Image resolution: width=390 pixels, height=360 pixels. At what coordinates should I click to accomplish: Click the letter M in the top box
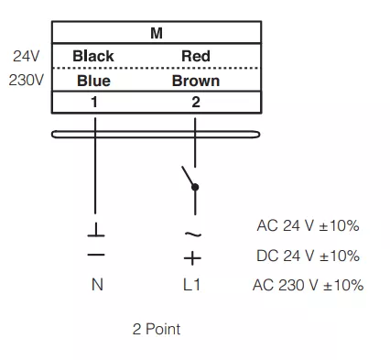coord(157,33)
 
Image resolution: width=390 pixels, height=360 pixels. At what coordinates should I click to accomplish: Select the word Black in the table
coord(93,56)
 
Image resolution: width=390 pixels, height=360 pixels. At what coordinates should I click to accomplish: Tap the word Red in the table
coord(196,56)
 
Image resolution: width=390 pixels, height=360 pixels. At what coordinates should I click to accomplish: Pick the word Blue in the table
coord(93,81)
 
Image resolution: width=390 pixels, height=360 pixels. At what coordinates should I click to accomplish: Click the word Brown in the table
coord(196,81)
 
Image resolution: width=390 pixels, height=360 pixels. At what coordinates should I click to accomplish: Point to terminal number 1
coord(94,102)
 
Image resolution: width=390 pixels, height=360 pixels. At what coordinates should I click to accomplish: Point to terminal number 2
coord(196,102)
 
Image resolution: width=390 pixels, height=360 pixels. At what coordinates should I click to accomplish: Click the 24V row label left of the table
coord(27,56)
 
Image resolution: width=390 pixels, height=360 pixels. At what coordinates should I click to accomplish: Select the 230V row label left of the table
coord(27,80)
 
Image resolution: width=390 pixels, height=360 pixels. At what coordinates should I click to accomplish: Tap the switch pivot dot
coord(195,187)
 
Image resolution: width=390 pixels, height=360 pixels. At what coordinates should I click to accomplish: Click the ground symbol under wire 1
coord(96,230)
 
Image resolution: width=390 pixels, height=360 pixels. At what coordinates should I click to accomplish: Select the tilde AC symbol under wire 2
coord(193,235)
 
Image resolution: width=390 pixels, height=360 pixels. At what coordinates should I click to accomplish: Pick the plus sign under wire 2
coord(192,258)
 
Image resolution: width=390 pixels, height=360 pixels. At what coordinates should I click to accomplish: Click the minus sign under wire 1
coord(96,255)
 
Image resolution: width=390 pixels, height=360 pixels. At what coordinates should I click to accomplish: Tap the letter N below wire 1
coord(97,285)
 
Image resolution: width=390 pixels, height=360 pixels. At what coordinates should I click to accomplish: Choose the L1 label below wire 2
coord(191,285)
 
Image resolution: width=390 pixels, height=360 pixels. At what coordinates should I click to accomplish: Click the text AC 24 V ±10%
coord(308,226)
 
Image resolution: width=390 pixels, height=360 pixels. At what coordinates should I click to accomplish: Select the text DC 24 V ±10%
coord(308,256)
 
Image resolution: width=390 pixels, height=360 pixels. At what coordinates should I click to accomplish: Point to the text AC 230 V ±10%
coord(308,285)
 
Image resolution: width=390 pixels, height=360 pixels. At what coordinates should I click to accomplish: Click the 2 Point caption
coord(157,329)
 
